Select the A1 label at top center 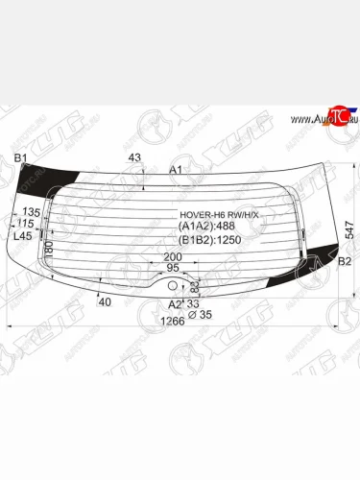[176, 170]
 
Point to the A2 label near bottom [174, 304]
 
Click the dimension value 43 [133, 157]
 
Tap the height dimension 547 [351, 228]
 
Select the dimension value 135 [31, 212]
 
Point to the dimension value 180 [48, 251]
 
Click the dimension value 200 [172, 257]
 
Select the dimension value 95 [173, 269]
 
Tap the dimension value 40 [105, 302]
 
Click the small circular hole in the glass [174, 284]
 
